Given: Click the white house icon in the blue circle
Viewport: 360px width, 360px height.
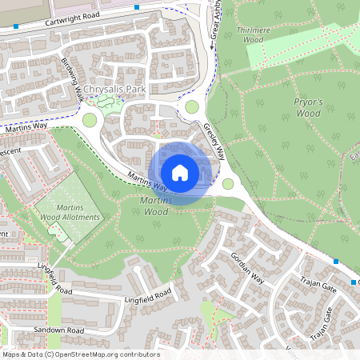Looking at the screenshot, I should click(180, 172).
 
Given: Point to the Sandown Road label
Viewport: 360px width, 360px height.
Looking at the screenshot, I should click(58, 330).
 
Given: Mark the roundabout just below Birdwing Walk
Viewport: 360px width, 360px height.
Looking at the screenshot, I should click(90, 120).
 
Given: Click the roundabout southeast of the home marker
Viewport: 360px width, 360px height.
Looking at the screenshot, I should click(228, 184).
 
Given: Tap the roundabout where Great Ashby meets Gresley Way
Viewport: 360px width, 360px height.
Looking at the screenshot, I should click(191, 106).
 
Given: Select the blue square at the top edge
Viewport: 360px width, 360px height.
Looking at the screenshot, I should click(137, 6).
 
